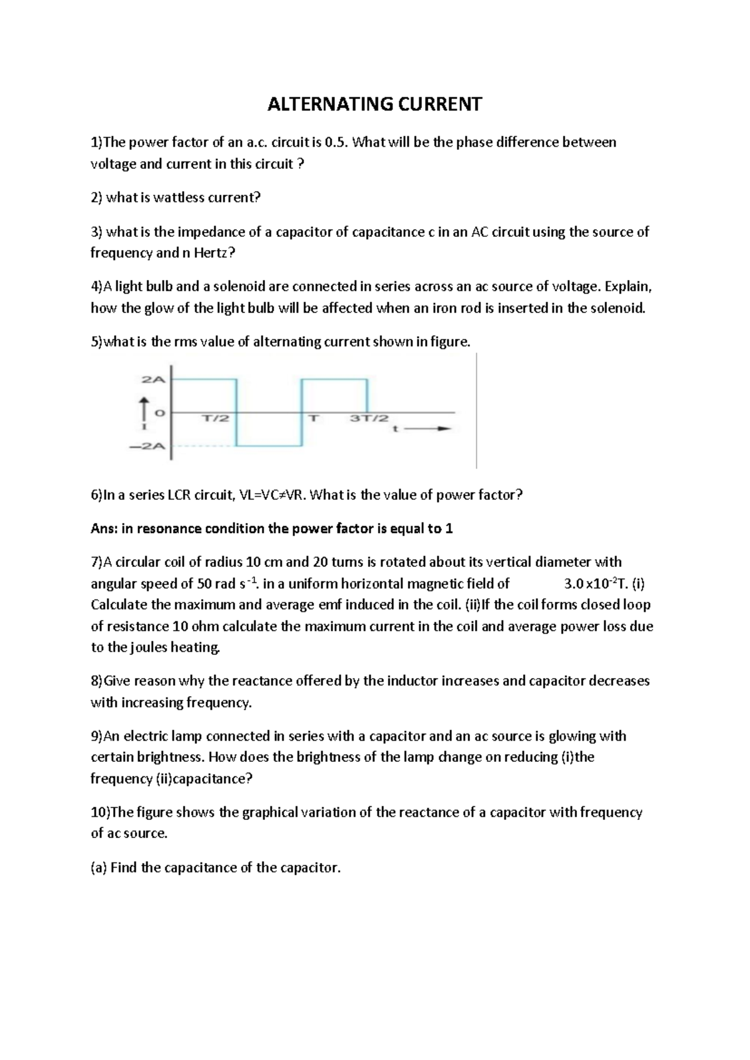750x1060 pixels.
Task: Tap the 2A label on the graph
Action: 153,379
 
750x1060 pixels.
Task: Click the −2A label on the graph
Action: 148,446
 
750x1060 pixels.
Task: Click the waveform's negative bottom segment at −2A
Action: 269,446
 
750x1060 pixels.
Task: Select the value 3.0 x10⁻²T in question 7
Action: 597,584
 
